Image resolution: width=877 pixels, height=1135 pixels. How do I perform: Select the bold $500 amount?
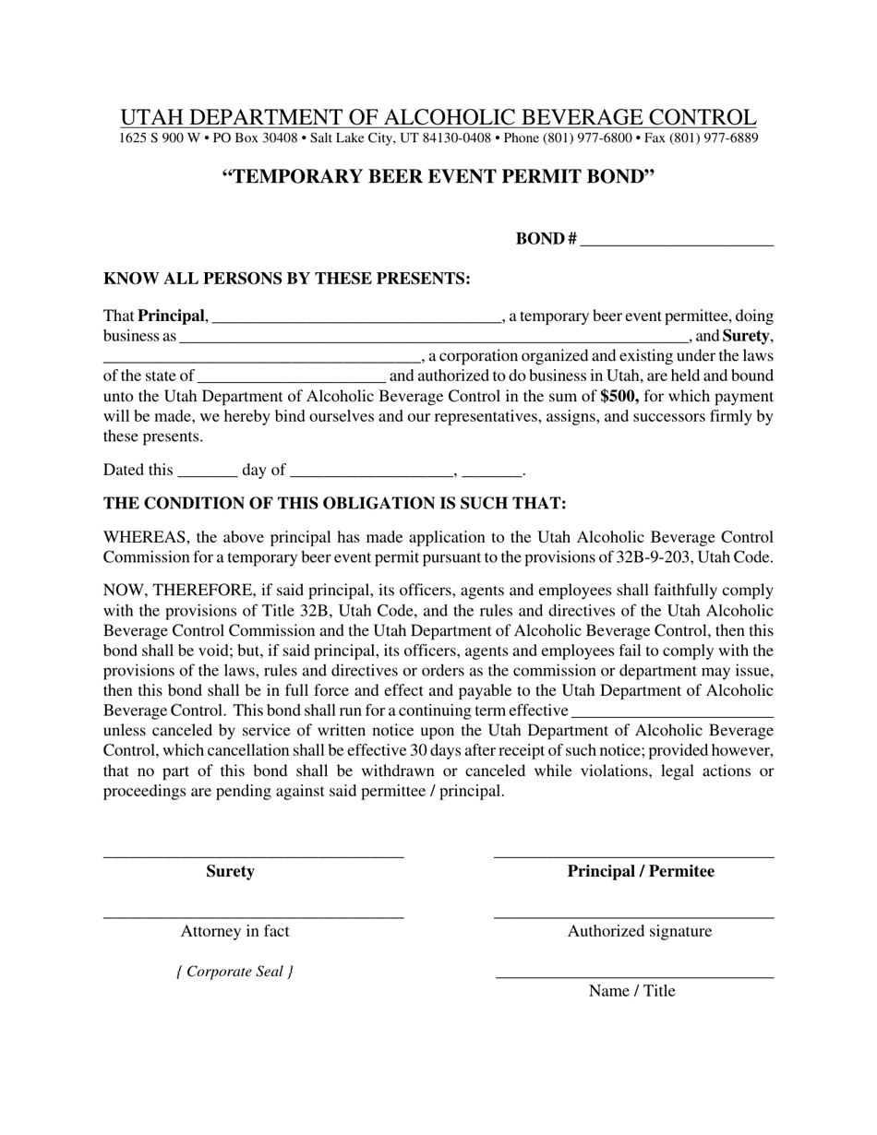pyautogui.click(x=619, y=397)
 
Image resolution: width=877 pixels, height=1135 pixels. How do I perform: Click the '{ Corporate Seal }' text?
pyautogui.click(x=234, y=972)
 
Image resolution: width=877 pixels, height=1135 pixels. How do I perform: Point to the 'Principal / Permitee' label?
pyautogui.click(x=641, y=871)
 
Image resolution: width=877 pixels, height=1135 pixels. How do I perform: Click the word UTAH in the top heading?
pyautogui.click(x=151, y=118)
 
